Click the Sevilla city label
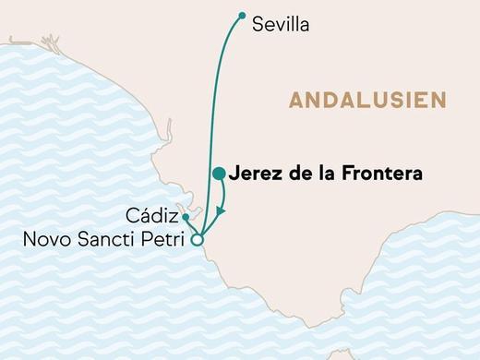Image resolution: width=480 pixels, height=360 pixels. point(281,26)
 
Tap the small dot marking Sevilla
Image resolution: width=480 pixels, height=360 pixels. point(242,15)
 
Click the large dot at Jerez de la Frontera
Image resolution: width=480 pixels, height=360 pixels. point(219,174)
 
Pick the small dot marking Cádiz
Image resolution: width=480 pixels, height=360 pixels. point(186,217)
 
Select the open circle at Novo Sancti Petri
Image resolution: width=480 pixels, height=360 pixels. point(196,240)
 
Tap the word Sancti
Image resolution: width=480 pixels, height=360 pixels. point(103,241)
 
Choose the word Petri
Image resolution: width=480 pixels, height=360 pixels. point(162,241)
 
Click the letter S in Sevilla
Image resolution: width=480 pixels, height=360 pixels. point(258,26)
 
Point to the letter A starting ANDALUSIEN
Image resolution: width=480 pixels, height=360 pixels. point(294,100)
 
